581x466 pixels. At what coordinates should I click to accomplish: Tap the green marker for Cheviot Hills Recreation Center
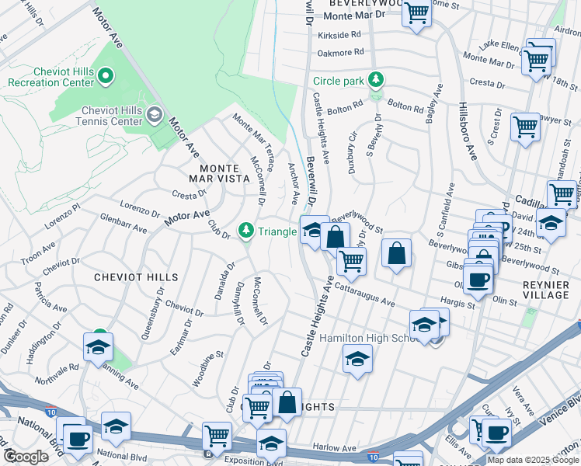[107, 76]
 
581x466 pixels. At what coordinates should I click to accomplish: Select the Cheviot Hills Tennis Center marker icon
[154, 115]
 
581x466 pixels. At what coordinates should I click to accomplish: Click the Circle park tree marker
[376, 79]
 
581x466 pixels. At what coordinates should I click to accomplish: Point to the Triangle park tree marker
[246, 230]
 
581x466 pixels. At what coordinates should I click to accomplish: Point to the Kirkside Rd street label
[339, 35]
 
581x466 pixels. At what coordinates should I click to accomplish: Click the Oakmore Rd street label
[340, 53]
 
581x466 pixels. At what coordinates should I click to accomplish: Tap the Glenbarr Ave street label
[124, 225]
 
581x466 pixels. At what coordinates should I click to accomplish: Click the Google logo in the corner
[26, 457]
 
